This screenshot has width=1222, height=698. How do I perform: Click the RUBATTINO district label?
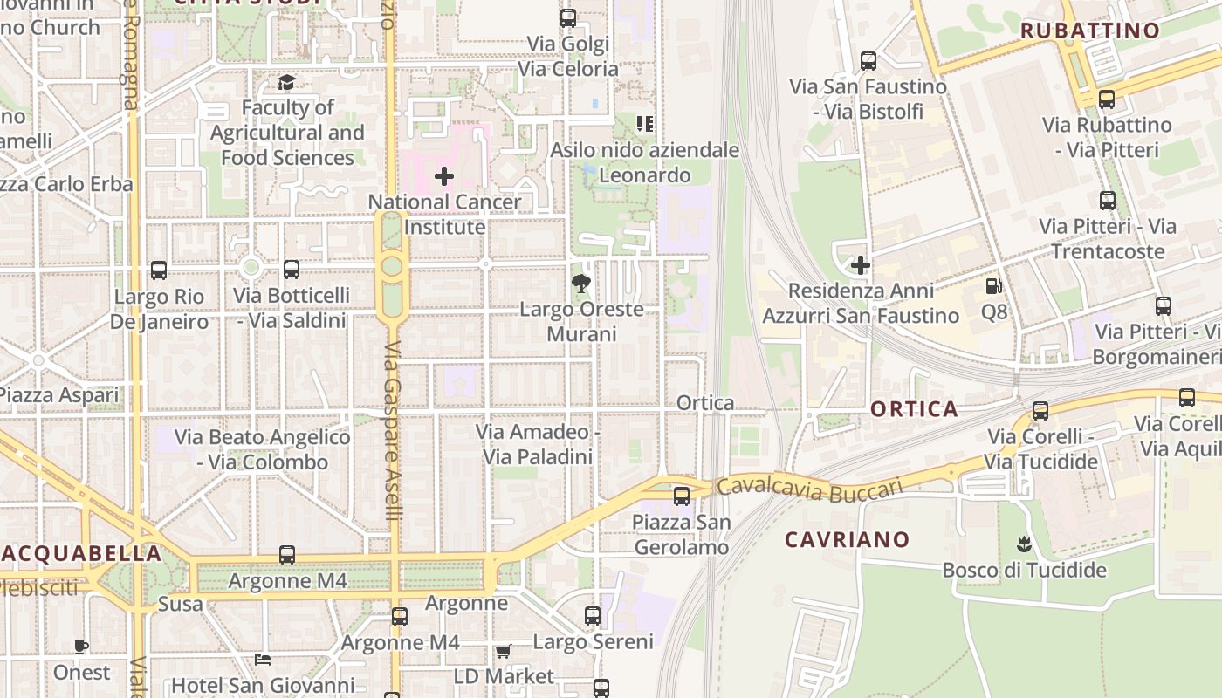1089,31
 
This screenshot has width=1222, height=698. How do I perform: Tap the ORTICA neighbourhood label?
914,409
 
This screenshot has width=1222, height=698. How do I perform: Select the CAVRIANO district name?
847,539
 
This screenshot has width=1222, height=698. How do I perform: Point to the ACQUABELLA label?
81,553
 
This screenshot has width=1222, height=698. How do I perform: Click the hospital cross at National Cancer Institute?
444,176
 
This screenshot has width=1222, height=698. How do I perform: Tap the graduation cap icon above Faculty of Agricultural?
286,83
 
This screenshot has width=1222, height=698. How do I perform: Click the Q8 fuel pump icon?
993,286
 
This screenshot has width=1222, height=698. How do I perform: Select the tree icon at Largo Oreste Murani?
580,283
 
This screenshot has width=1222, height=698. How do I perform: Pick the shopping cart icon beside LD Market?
504,651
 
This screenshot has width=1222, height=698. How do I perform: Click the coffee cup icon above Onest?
80,647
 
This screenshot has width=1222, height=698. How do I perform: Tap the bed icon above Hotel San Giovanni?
263,659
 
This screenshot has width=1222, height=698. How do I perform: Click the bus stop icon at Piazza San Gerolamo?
682,496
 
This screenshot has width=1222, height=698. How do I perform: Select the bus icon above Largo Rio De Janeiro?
158,270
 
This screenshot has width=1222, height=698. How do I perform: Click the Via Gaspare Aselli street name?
393,432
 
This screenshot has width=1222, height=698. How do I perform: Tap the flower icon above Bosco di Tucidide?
1024,545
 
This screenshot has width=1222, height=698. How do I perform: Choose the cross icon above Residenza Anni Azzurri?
861,264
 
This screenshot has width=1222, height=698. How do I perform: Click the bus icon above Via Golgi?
568,17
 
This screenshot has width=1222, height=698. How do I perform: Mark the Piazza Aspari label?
59,395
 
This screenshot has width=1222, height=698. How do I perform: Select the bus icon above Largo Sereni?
593,616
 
